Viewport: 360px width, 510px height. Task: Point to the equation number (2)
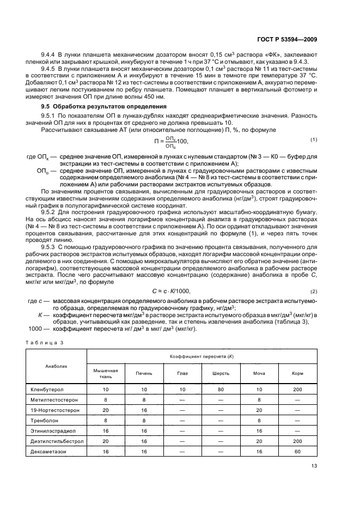pyautogui.click(x=314, y=292)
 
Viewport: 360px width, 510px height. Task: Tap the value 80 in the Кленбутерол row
pyautogui.click(x=220, y=390)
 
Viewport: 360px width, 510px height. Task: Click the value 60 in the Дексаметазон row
pyautogui.click(x=297, y=452)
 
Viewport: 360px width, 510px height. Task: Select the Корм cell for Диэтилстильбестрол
pyautogui.click(x=297, y=441)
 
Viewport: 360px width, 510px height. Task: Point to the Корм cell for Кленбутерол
pyautogui.click(x=297, y=390)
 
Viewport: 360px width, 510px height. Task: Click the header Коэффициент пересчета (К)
pyautogui.click(x=202, y=355)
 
